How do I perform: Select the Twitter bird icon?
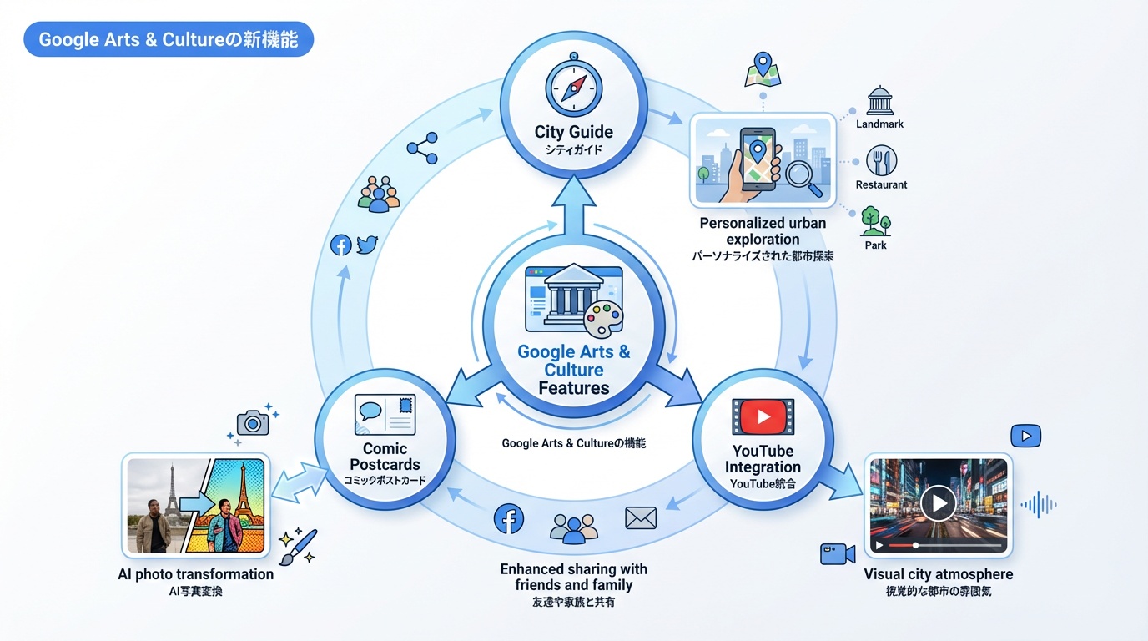(x=367, y=245)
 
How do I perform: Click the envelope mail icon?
(x=641, y=518)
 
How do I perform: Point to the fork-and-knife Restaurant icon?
(x=881, y=160)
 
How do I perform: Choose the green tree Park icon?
(x=875, y=221)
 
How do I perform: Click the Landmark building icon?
(x=880, y=100)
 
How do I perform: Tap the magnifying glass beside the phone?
(x=803, y=178)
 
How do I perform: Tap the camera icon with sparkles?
(x=253, y=422)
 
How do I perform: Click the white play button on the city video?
(x=938, y=502)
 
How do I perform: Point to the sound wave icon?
(x=1039, y=504)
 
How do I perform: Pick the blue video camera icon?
(x=838, y=553)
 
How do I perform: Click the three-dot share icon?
(x=422, y=148)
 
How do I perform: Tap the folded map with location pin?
(x=762, y=71)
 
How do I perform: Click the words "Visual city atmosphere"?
(x=938, y=574)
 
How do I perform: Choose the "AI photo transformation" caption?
(x=196, y=574)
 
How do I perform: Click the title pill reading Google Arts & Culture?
(x=169, y=40)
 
